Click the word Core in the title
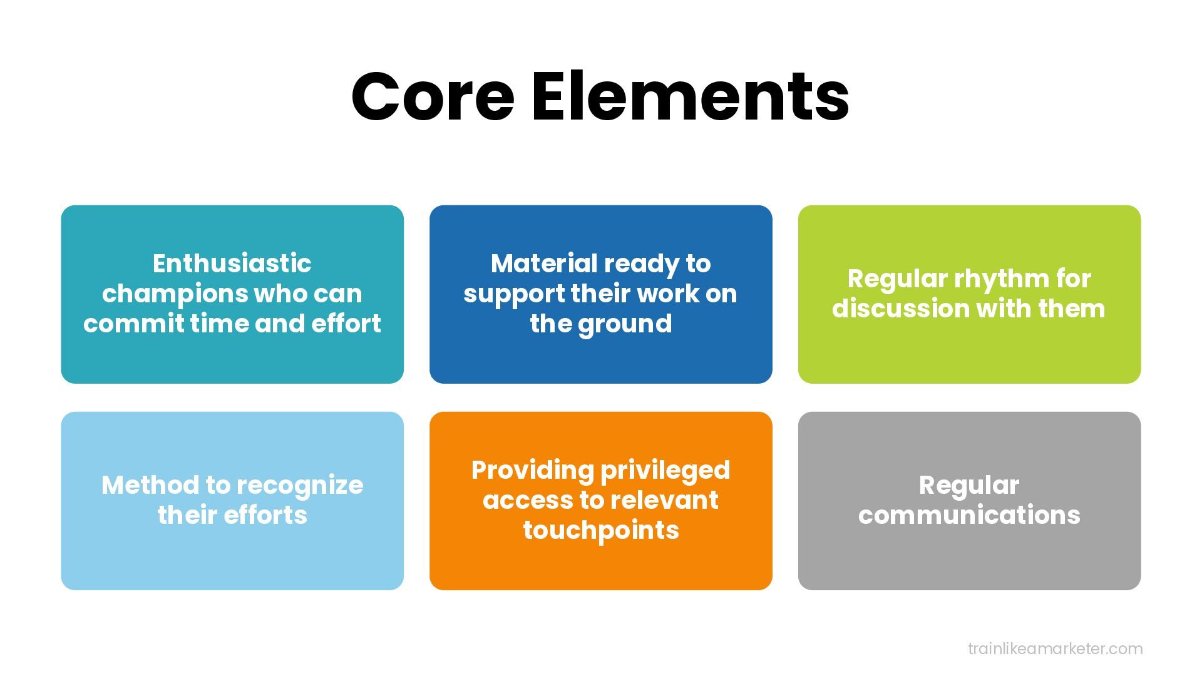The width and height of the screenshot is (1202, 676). click(433, 97)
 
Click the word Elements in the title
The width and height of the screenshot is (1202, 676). click(690, 97)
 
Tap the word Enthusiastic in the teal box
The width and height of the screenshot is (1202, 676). click(232, 264)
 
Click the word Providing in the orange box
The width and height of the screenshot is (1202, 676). click(532, 471)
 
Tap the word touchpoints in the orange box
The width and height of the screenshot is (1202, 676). click(601, 531)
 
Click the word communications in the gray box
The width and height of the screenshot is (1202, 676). click(969, 515)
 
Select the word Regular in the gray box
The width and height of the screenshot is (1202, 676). click(969, 485)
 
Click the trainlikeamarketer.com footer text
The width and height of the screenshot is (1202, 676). click(1055, 648)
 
